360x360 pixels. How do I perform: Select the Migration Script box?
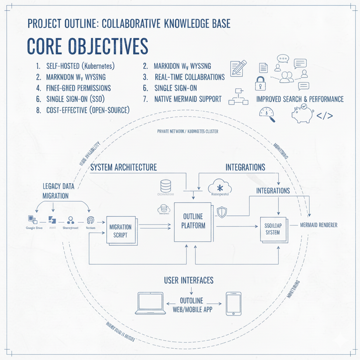click(x=120, y=230)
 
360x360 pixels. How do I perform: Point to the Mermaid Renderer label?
click(x=318, y=225)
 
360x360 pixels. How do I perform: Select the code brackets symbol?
click(x=325, y=115)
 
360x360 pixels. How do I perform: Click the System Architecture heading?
click(x=123, y=167)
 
